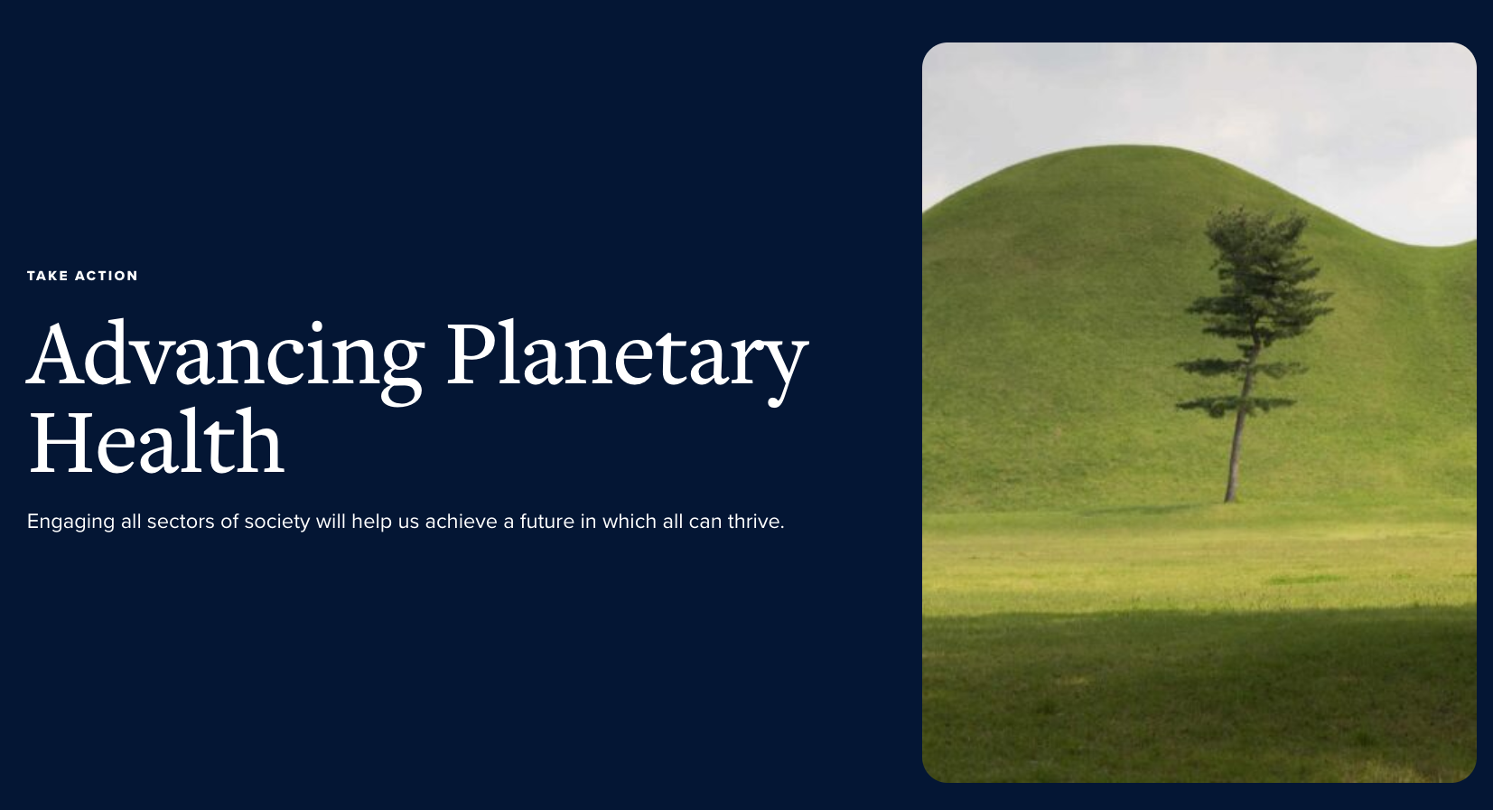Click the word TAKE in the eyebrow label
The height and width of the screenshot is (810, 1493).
(x=47, y=277)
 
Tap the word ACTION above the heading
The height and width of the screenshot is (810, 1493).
(x=106, y=277)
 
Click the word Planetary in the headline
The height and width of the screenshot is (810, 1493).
(x=627, y=361)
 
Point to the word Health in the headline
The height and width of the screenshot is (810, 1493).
(x=156, y=441)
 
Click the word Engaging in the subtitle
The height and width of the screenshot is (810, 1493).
(x=70, y=523)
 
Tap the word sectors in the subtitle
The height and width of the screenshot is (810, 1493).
(x=180, y=522)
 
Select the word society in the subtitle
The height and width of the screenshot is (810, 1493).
(x=276, y=523)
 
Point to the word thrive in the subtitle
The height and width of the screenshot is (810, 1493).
(x=756, y=521)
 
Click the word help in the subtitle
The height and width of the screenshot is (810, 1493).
(x=372, y=523)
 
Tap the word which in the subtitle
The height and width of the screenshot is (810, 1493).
(x=630, y=521)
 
